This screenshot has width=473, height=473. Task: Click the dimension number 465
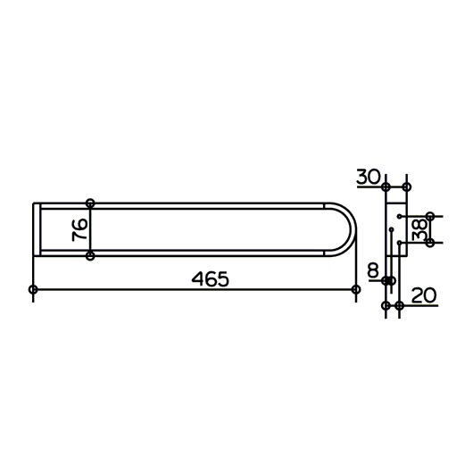click(211, 279)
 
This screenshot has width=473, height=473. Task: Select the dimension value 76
click(80, 230)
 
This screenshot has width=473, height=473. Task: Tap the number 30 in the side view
click(369, 177)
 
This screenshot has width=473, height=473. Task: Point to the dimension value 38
click(420, 229)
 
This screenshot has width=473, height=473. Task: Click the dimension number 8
click(373, 270)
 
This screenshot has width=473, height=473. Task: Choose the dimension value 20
click(424, 295)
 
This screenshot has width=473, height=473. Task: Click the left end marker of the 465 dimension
click(33, 289)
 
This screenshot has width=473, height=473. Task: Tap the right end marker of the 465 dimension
click(356, 289)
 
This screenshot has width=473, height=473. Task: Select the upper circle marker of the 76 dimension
click(90, 203)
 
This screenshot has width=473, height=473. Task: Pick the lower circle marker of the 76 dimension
click(90, 256)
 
